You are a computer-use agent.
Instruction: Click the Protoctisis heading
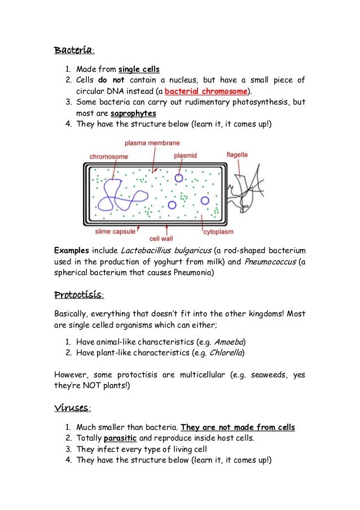[78, 295]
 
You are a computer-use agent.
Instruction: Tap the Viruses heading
[72, 407]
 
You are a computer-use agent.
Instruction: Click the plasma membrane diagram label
[152, 143]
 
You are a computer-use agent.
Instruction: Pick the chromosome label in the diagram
[109, 156]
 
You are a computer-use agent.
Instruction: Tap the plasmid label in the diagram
[185, 155]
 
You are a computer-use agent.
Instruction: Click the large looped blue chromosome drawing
[121, 198]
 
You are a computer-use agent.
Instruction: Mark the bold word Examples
[72, 251]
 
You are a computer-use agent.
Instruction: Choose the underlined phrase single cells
[139, 69]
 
